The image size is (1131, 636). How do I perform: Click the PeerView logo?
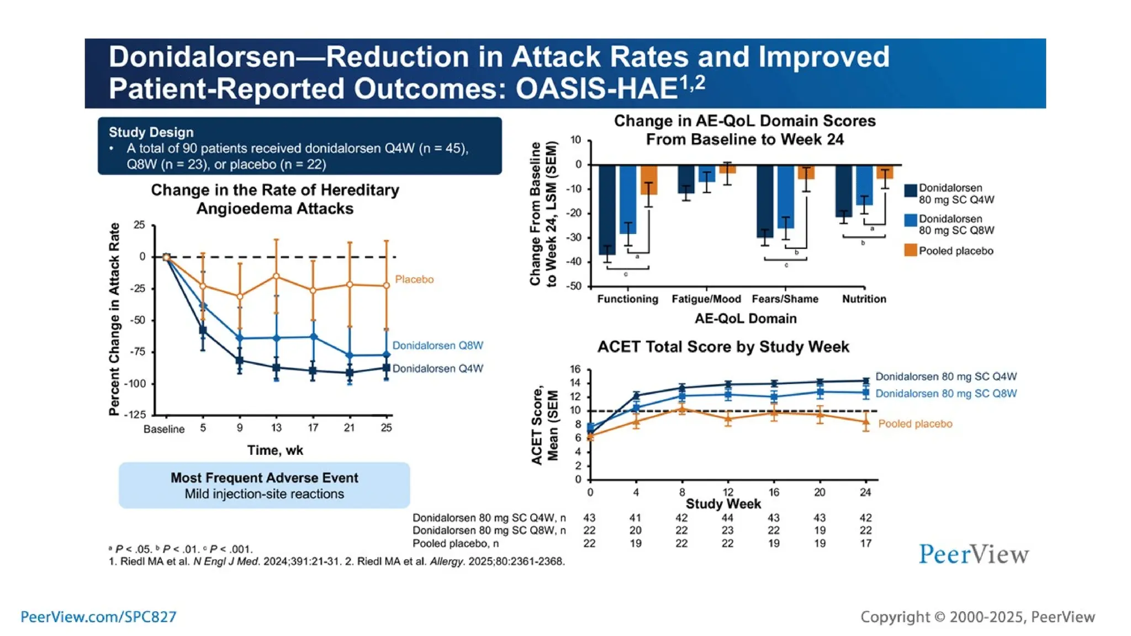(x=974, y=554)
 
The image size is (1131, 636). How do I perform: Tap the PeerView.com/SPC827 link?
(x=98, y=617)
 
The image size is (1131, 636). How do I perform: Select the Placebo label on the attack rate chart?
(x=414, y=279)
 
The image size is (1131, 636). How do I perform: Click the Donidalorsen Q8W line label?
(x=437, y=346)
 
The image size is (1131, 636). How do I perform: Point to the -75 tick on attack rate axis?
(x=139, y=352)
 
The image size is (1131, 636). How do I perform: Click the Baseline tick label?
(x=163, y=429)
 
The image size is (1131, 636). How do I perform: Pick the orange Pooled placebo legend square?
(x=910, y=251)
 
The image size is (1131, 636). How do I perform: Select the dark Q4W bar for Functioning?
(x=606, y=210)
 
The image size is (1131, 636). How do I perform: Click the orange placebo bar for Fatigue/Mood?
(x=727, y=169)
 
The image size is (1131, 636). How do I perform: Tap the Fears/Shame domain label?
(x=785, y=299)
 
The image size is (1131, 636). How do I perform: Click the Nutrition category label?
(x=864, y=299)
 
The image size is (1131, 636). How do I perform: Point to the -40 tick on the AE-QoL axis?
(x=575, y=262)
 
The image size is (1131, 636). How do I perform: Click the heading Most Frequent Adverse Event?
(x=264, y=478)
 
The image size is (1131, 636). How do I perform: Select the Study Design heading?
(x=151, y=132)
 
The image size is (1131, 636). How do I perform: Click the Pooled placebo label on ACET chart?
(x=915, y=424)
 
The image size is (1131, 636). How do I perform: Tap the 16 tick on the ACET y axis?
(x=575, y=369)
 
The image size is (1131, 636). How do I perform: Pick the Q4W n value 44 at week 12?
(x=727, y=518)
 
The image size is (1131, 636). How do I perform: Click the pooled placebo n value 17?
(x=865, y=543)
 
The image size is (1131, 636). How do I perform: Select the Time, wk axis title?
(x=275, y=451)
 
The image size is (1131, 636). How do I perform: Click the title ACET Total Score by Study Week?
(x=723, y=347)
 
